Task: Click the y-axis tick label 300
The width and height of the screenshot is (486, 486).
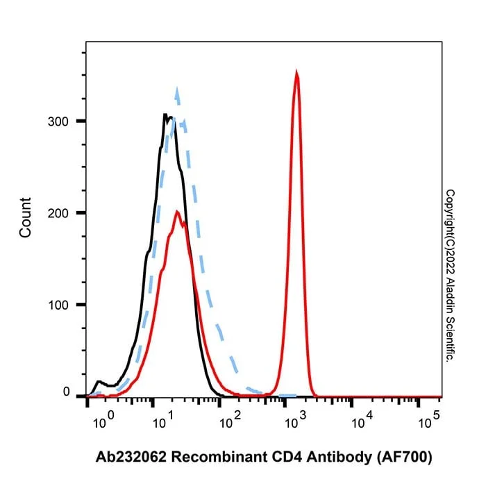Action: [58, 121]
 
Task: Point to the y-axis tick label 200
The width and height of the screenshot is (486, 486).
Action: [58, 213]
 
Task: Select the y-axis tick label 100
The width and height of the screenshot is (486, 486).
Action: [58, 305]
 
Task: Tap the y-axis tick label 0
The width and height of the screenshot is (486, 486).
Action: [66, 392]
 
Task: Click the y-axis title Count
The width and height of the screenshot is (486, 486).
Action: [26, 217]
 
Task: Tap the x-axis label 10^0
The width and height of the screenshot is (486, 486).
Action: [103, 419]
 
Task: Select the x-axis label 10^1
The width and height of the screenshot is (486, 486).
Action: [163, 419]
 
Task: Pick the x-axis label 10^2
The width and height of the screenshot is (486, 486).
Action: [230, 419]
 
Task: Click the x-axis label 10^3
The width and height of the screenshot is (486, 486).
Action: [295, 419]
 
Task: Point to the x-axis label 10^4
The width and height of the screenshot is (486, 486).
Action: [362, 419]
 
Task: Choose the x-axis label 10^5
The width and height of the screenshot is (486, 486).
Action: [429, 419]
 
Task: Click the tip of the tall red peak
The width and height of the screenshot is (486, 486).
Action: [296, 72]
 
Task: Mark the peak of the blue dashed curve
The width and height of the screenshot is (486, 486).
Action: [177, 88]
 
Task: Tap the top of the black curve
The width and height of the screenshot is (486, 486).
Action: [165, 114]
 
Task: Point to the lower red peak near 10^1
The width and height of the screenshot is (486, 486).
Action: [177, 211]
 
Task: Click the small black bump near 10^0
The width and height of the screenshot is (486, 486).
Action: [99, 381]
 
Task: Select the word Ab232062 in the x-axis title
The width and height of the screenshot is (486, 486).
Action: [131, 457]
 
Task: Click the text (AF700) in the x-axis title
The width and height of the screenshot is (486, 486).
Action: [405, 458]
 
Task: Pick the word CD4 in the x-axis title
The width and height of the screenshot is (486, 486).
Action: [286, 457]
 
